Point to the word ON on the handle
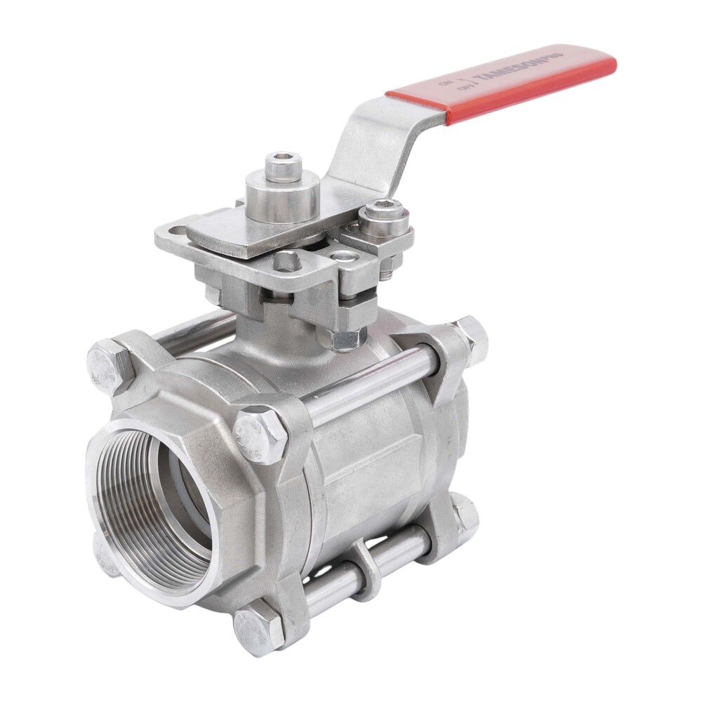pyautogui.click(x=444, y=81)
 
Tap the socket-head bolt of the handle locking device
pyautogui.click(x=385, y=213)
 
